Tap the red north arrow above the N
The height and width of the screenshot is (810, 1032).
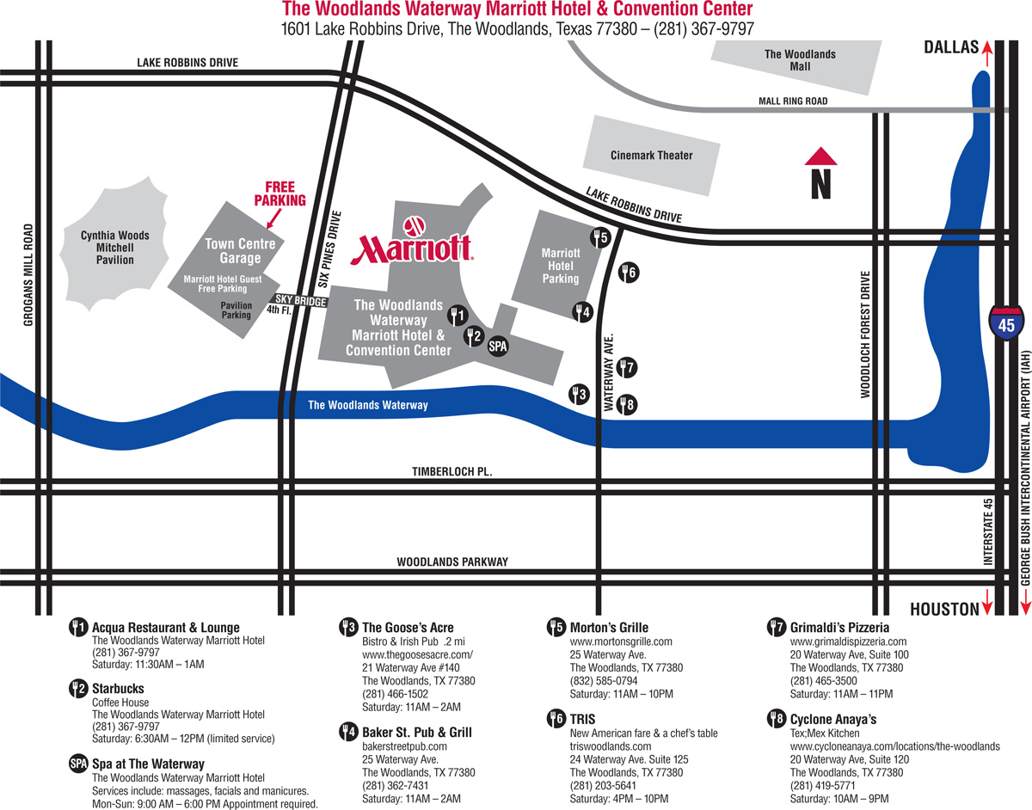point(820,156)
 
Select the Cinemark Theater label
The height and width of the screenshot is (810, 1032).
point(651,156)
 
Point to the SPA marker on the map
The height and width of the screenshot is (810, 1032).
point(498,347)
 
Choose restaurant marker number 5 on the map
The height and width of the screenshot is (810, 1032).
point(599,236)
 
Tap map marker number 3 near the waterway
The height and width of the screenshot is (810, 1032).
point(579,395)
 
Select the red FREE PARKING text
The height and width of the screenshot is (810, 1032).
point(279,193)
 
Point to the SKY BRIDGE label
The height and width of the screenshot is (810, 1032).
point(301,303)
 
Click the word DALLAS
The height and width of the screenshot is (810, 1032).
point(951,48)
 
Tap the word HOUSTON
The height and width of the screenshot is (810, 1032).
point(944,609)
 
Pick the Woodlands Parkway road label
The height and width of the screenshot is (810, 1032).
point(452,562)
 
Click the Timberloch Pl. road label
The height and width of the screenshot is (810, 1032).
point(451,472)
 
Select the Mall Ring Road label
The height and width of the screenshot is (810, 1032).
point(792,101)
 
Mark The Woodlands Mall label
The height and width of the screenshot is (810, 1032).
point(800,60)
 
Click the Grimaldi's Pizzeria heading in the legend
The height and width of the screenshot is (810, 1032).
point(839,628)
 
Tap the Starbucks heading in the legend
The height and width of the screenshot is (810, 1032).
point(118,689)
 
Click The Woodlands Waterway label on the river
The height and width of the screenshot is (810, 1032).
point(367,405)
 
